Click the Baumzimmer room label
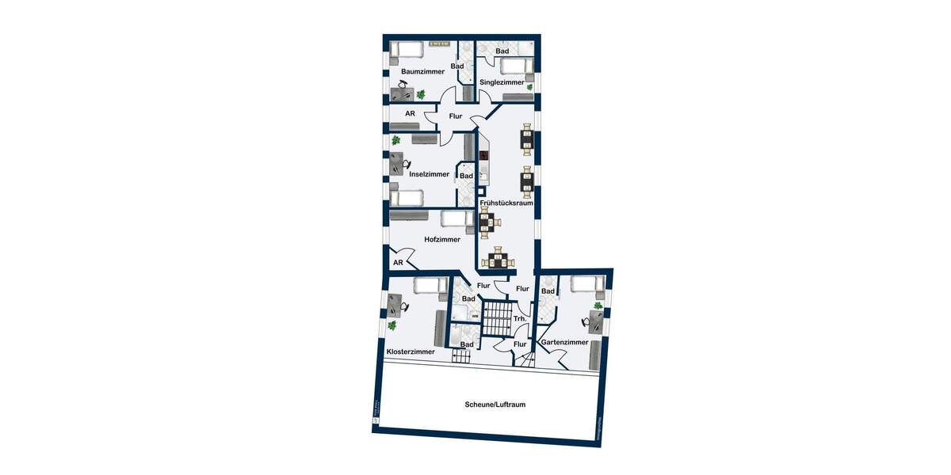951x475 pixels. tap(422, 72)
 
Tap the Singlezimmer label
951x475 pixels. tap(502, 82)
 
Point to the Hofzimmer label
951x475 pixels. tap(442, 239)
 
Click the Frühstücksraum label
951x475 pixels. tap(506, 203)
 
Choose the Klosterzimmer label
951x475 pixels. tap(411, 351)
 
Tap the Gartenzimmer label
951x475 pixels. tap(564, 343)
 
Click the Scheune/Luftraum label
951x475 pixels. tap(495, 405)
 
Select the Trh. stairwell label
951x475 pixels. tap(520, 319)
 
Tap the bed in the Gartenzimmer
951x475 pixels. tap(586, 284)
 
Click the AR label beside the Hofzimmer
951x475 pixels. tap(399, 263)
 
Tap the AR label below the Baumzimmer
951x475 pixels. tap(410, 114)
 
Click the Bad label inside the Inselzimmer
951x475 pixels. tap(467, 176)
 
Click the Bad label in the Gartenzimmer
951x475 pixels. tap(548, 291)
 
